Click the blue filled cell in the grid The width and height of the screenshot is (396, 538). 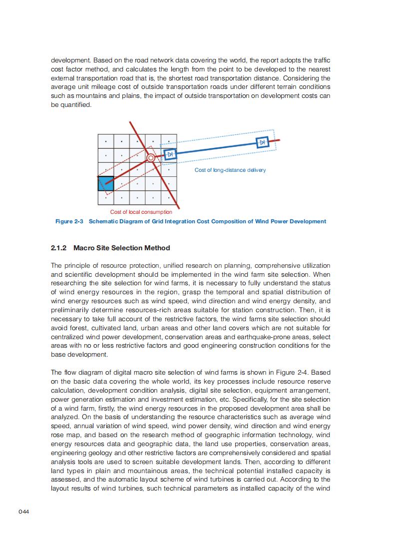[106, 184]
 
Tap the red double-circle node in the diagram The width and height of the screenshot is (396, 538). [150, 158]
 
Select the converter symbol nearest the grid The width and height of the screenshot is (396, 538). [171, 154]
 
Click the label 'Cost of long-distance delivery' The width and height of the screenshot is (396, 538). [230, 170]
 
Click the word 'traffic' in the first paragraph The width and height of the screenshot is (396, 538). [321, 60]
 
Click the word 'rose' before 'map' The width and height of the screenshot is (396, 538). [59, 435]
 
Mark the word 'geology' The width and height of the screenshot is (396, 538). [96, 453]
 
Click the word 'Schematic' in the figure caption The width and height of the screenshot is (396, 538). [105, 221]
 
